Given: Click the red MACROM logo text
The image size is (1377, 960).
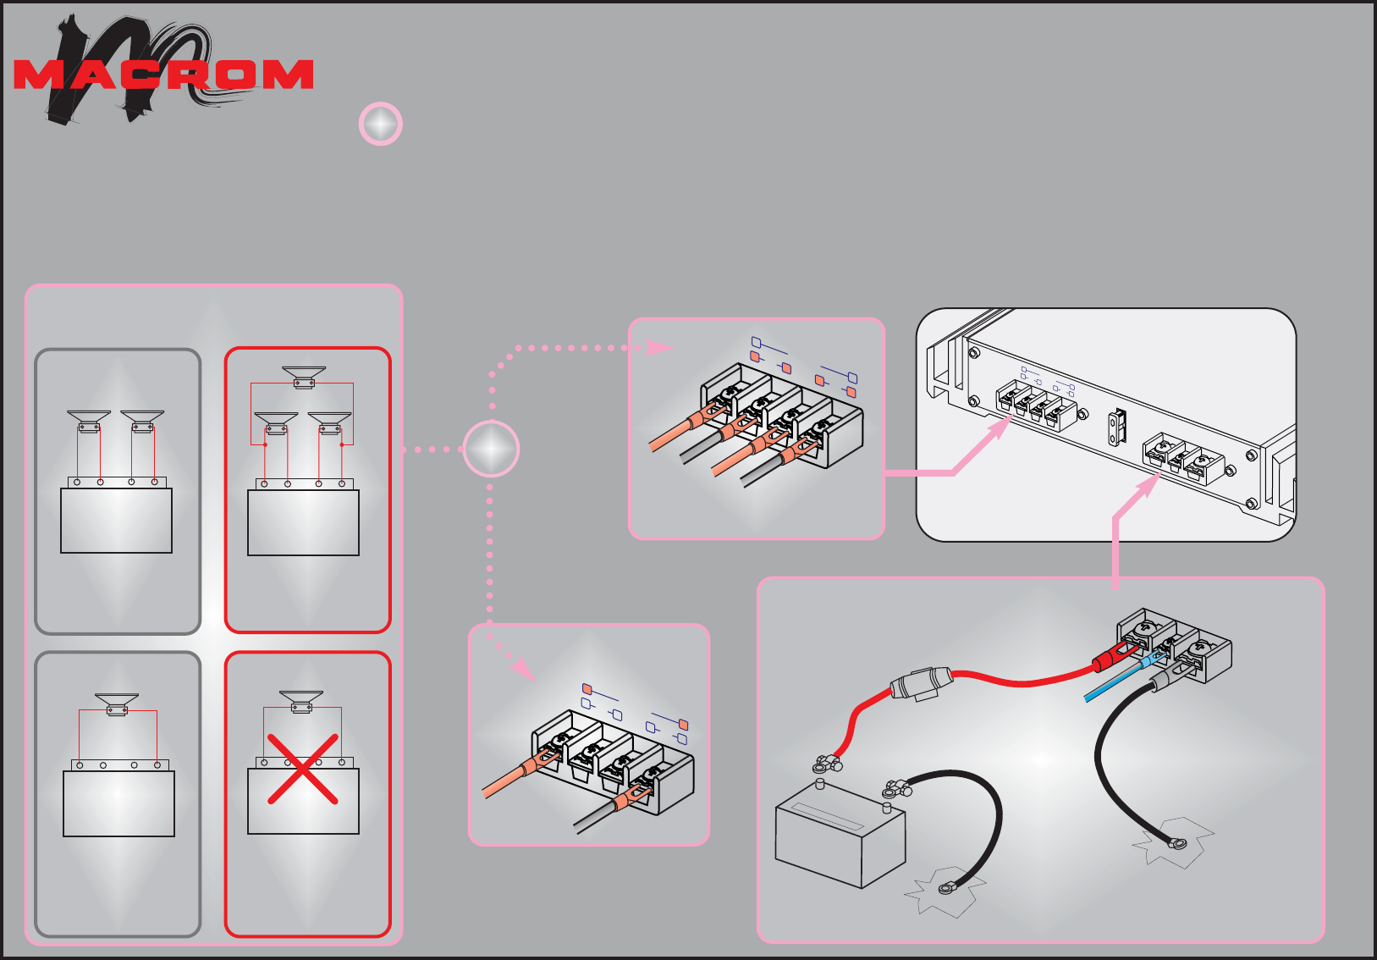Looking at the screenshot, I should [163, 74].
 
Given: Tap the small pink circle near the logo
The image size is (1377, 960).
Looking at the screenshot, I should [381, 124].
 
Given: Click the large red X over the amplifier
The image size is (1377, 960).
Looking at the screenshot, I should [303, 769].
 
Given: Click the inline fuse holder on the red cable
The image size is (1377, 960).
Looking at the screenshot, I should [921, 682].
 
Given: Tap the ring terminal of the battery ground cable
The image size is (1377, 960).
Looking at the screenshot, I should [946, 888].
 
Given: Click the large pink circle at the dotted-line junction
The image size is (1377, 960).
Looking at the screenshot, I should [491, 449].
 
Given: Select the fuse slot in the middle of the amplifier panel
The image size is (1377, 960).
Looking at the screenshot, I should [1117, 428].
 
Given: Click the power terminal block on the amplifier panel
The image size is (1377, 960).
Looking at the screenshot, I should [1182, 461].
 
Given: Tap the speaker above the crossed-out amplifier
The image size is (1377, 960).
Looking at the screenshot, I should [301, 701].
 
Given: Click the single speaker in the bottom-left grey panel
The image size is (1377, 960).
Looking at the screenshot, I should [117, 703].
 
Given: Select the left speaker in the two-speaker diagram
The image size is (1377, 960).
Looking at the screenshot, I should [89, 420].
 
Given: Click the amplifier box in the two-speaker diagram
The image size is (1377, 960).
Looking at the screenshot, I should [116, 520].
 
